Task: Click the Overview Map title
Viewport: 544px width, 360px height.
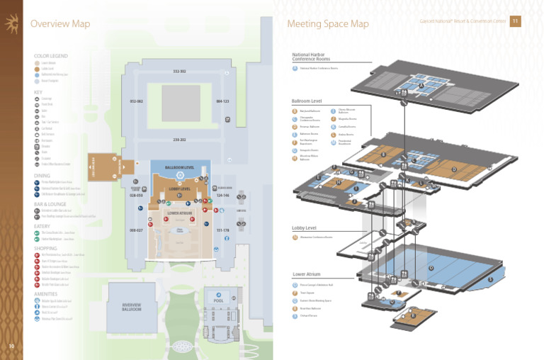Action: (59, 24)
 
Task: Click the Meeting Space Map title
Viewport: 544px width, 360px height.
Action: (328, 24)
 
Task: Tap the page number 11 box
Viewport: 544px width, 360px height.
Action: (515, 21)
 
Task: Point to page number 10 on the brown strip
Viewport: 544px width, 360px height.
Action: (11, 346)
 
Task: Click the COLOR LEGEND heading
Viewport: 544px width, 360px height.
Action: (50, 55)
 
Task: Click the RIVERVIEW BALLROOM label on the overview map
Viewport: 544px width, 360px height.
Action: (132, 308)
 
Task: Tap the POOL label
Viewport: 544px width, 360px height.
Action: (219, 300)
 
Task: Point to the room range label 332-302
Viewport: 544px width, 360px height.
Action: (179, 72)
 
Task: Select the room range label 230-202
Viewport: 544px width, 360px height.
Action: (179, 140)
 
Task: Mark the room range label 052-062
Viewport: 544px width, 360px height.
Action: (136, 101)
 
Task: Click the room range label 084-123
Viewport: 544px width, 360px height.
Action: (222, 101)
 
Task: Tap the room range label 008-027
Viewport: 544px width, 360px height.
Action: (136, 230)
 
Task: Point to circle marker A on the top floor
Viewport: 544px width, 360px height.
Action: (421, 86)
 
